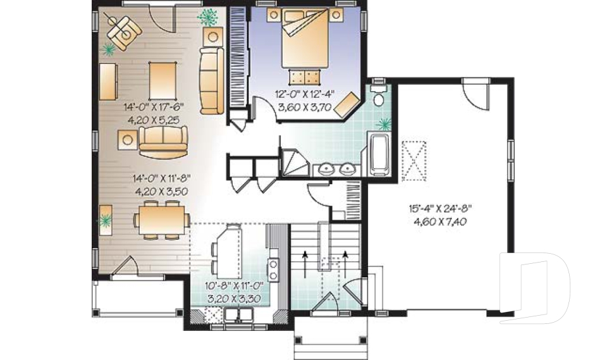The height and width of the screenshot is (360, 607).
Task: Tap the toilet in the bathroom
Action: coord(378,94)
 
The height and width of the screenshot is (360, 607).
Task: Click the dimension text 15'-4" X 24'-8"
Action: coord(440,209)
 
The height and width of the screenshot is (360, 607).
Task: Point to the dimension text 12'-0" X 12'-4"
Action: coord(305,94)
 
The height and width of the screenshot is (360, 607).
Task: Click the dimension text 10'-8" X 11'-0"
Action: coord(234,286)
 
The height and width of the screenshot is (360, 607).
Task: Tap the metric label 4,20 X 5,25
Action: coord(154,120)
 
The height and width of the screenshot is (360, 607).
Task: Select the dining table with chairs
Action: coord(162,220)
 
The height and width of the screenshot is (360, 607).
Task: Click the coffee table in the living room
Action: coord(162,81)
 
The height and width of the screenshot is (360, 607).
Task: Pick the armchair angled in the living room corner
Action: coord(124,32)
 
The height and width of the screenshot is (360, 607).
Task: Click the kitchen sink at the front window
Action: coord(238,314)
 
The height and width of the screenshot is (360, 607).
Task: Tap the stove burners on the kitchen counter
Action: coord(273,270)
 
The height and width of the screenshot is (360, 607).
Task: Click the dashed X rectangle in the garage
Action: coord(414,161)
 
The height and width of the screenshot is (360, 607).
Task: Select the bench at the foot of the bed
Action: coord(305,77)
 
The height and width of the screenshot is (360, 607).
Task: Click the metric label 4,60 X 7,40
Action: coord(440,221)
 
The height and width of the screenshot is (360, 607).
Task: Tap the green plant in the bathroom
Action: coord(384,124)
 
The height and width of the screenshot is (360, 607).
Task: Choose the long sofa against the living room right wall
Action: coord(211,80)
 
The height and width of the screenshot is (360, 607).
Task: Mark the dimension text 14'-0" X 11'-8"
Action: coord(161,178)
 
